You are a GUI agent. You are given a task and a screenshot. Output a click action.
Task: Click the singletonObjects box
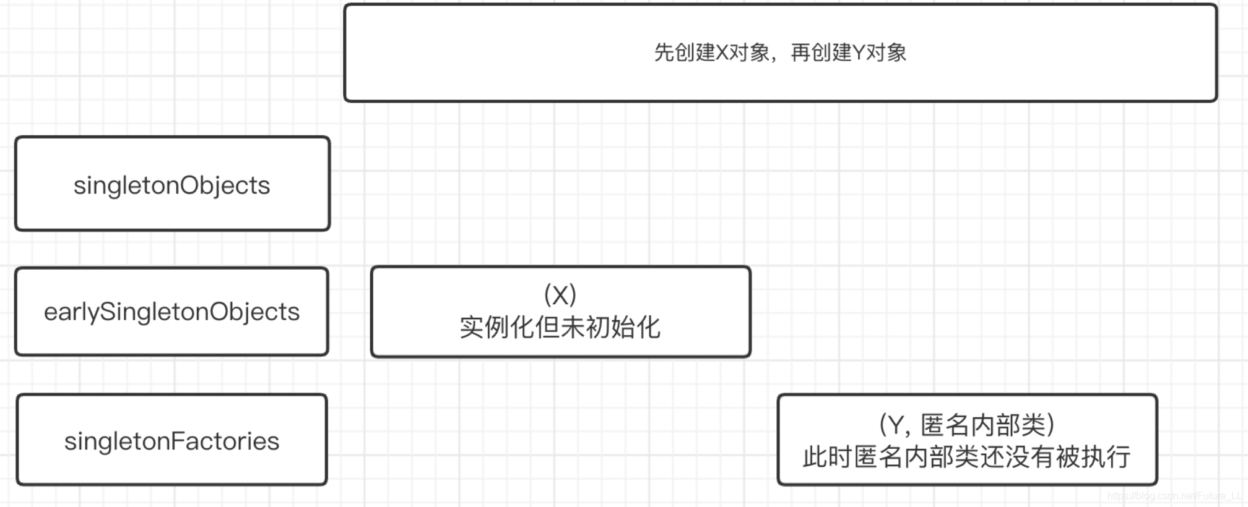(x=172, y=184)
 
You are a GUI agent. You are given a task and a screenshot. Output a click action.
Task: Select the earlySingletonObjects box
(x=171, y=312)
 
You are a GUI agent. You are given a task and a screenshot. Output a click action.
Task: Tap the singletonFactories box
(x=171, y=440)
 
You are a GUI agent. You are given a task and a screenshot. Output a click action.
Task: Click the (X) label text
(x=560, y=295)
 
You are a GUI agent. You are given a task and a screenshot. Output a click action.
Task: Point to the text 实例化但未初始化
(x=560, y=328)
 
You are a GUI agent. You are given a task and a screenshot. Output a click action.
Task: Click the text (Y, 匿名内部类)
(x=966, y=425)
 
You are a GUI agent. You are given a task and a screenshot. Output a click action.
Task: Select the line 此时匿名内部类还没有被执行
(x=966, y=458)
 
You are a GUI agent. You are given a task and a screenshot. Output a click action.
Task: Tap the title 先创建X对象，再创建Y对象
(x=780, y=53)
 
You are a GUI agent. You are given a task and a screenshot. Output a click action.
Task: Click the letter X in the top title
(x=722, y=53)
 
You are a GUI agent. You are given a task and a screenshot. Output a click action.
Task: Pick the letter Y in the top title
(x=859, y=53)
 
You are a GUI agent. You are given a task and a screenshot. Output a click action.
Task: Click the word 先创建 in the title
(x=684, y=53)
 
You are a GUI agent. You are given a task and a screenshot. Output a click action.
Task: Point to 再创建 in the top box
(x=821, y=53)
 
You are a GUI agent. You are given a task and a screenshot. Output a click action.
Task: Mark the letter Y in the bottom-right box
(x=896, y=425)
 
